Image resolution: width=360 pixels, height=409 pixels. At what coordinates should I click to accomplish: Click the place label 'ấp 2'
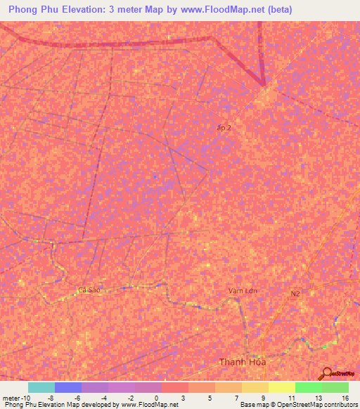224,127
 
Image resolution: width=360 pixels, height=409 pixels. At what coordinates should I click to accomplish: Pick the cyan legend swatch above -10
41,387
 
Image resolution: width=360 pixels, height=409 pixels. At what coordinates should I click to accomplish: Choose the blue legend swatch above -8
68,387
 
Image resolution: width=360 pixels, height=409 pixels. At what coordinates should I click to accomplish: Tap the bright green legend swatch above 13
308,387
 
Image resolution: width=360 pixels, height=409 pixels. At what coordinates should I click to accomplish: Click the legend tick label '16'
345,398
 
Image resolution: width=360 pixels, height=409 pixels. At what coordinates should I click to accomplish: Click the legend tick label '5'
211,398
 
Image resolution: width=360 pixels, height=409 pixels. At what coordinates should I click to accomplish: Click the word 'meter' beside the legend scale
11,398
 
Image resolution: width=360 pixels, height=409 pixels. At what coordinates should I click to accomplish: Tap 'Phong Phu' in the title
34,10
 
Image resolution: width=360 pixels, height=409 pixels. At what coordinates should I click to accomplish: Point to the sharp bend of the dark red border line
264,86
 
